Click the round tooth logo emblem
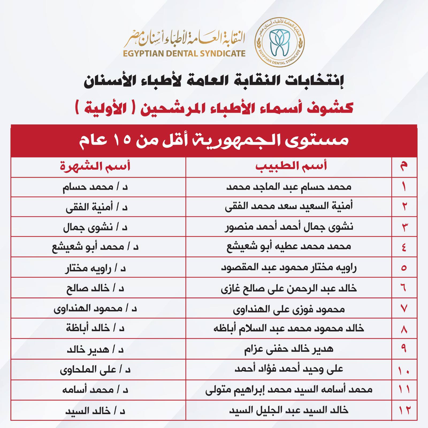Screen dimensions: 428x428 [280, 43]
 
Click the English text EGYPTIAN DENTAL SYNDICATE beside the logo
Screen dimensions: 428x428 [184, 53]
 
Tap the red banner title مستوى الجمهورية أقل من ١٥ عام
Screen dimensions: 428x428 [214, 140]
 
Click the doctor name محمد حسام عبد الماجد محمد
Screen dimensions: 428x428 [289, 187]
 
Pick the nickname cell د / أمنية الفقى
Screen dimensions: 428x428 [97, 207]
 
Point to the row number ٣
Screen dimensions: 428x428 [404, 227]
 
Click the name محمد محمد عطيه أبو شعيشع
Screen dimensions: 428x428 [289, 247]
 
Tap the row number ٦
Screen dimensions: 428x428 [404, 288]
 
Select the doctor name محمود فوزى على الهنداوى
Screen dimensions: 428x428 [289, 309]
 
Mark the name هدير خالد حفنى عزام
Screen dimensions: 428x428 [289, 349]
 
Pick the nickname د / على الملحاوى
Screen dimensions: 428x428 [95, 370]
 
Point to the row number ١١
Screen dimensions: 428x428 [404, 390]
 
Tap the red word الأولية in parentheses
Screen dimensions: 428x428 [102, 108]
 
